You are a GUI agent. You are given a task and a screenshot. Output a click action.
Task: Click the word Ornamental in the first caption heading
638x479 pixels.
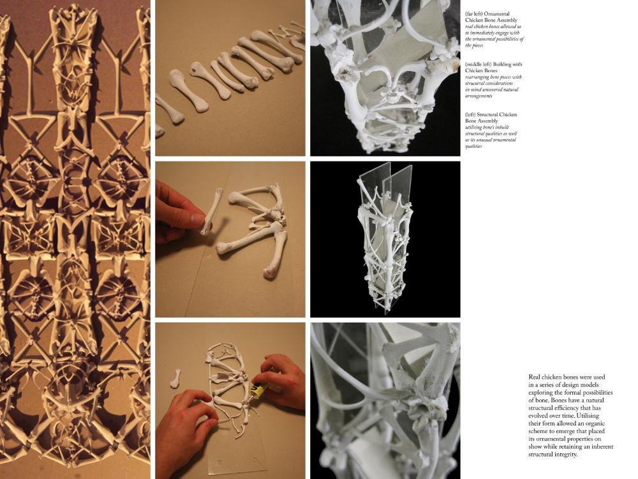point(496,14)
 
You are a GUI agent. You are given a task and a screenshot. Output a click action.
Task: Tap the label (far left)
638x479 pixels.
point(473,14)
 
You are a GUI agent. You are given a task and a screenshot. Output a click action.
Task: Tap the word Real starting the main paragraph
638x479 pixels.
point(534,377)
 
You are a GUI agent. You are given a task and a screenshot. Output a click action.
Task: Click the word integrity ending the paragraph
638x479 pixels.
point(567,455)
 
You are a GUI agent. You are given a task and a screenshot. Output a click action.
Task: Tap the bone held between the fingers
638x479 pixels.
point(212,212)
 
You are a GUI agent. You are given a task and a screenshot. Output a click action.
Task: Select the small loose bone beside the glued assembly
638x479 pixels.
point(176,378)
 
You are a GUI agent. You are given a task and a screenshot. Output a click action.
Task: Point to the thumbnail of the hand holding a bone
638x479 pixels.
point(230,239)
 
